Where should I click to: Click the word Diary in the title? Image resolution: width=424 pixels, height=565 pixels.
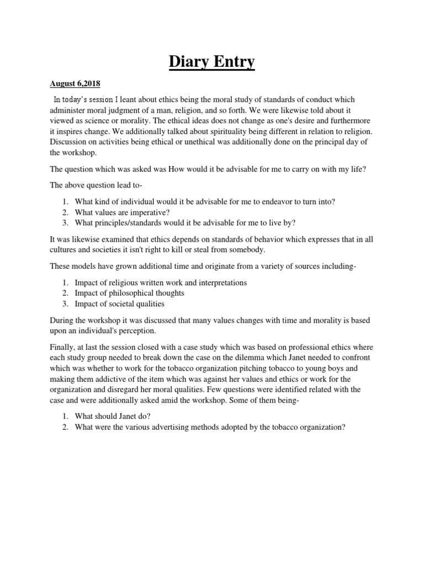[x=187, y=62]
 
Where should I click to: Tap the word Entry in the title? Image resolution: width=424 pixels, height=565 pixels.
[x=234, y=62]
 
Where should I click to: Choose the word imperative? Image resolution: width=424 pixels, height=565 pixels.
[x=144, y=212]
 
